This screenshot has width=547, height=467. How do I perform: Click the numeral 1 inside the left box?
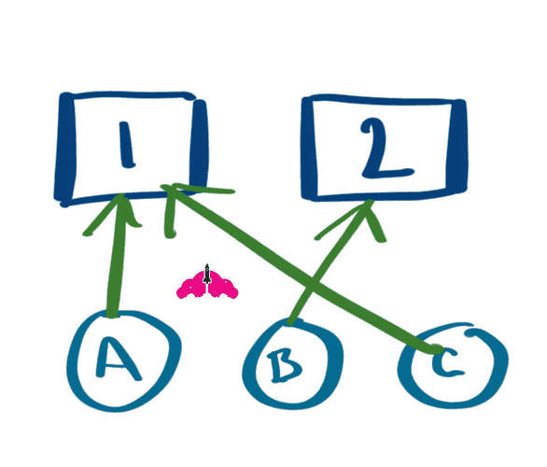(126, 145)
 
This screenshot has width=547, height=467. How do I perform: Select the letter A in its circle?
(117, 359)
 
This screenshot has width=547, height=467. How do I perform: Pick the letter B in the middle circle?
(285, 365)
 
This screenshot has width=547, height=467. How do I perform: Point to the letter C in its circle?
(446, 363)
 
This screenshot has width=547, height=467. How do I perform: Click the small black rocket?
(207, 274)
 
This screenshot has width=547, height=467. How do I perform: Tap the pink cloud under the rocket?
(207, 287)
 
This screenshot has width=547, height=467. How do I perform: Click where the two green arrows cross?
(312, 286)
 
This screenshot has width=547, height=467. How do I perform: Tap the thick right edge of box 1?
(199, 143)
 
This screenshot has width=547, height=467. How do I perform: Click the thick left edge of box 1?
(65, 149)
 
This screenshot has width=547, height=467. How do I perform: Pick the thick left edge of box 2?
(308, 149)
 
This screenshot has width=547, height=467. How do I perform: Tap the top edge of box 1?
(129, 95)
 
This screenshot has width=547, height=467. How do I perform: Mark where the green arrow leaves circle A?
(112, 314)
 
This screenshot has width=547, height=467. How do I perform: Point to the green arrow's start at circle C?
(435, 348)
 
